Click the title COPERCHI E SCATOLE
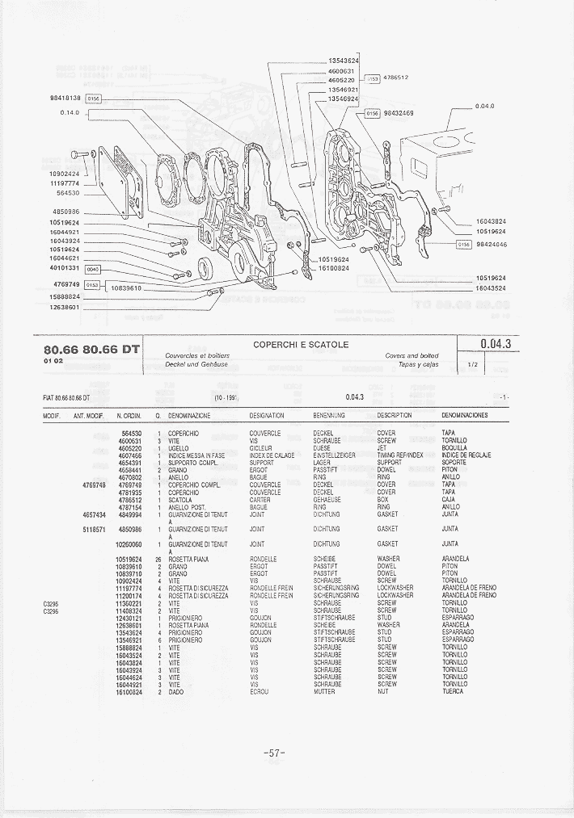[x=301, y=345]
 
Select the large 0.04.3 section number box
[x=496, y=344]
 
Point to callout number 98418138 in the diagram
[x=65, y=98]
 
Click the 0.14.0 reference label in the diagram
[x=70, y=112]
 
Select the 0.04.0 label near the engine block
[x=484, y=106]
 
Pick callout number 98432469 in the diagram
[x=399, y=113]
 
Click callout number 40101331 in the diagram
[x=65, y=267]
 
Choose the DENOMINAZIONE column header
[x=189, y=415]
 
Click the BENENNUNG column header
[x=329, y=415]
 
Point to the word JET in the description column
[x=382, y=447]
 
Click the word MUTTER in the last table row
[x=324, y=692]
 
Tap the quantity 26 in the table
[x=158, y=559]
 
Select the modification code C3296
[x=51, y=610]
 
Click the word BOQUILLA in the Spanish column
[x=454, y=447]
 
